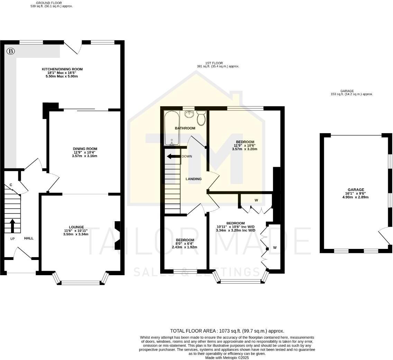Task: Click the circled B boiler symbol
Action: point(11,52)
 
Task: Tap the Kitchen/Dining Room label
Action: point(62,69)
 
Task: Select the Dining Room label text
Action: point(85,149)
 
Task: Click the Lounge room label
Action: point(76,227)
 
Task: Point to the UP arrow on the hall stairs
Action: point(13,226)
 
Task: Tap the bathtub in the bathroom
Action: point(172,128)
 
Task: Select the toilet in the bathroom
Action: point(201,118)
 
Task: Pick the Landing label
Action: point(193,179)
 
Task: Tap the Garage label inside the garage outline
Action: point(356,190)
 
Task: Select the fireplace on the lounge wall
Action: point(117,235)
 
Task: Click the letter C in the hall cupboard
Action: point(11,185)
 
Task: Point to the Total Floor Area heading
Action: point(227,331)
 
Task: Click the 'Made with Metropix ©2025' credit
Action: point(227,358)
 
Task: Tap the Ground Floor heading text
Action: point(49,3)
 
